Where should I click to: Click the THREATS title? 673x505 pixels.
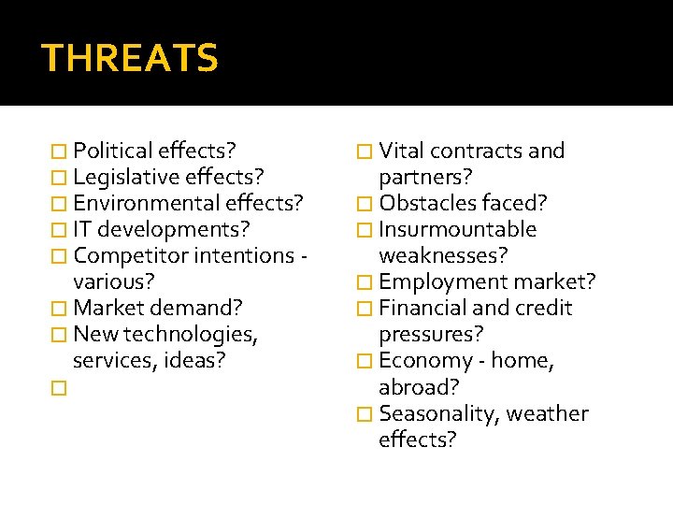tap(130, 58)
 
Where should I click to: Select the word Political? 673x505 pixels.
tap(113, 151)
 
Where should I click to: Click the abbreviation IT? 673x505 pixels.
tap(82, 229)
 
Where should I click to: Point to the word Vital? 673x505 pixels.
tap(402, 151)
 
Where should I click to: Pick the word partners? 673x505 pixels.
tap(425, 177)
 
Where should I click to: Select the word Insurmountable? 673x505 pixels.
tap(457, 229)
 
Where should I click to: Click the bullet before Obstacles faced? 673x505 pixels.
tap(365, 204)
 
